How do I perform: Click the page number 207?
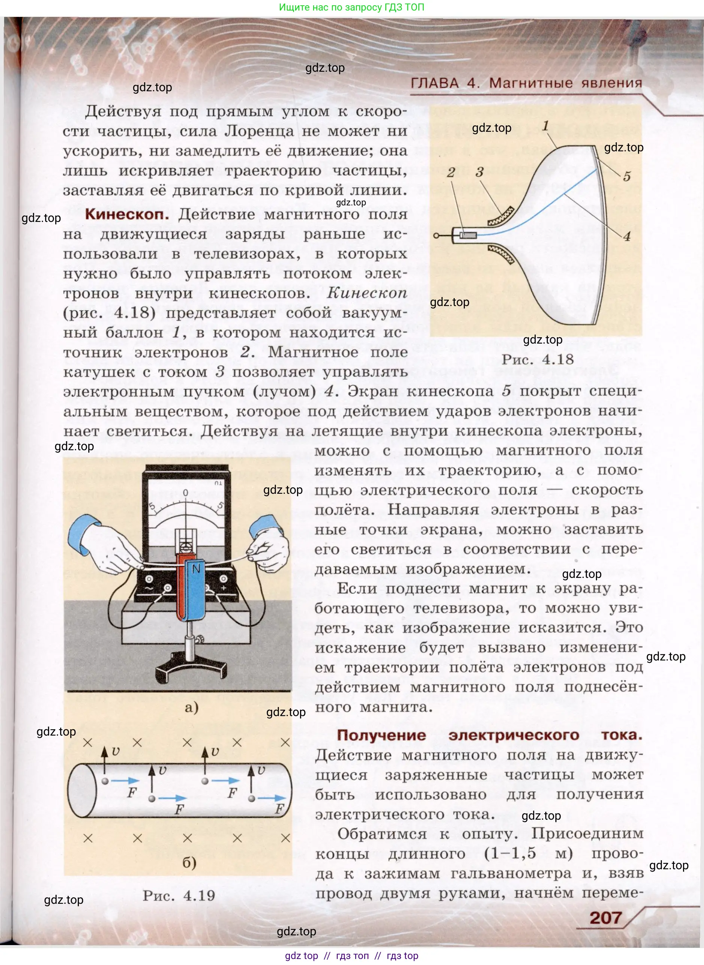point(606,917)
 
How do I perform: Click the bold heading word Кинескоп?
point(127,214)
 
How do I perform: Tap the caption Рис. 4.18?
point(537,359)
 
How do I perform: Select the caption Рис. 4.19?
point(179,895)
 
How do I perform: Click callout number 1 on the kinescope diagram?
point(545,126)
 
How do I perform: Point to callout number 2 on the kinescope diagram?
point(451,173)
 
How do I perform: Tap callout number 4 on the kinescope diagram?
point(626,237)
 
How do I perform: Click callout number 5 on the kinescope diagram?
point(626,176)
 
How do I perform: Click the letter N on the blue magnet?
point(196,568)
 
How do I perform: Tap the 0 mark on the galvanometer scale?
point(185,493)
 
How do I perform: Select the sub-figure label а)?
point(191,708)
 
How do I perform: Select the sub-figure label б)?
point(189,863)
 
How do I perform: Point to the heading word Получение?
point(381,735)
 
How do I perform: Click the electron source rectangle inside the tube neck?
point(469,235)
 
